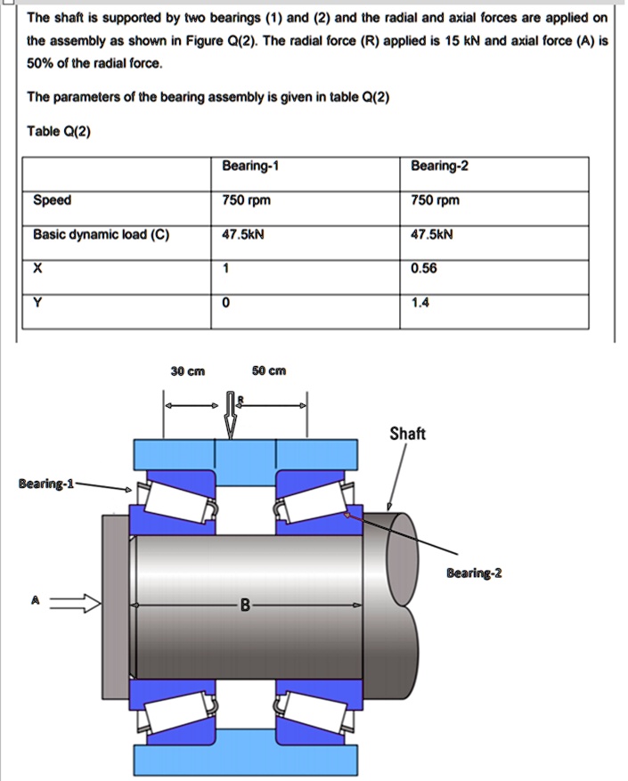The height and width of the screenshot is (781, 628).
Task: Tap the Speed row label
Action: point(52,200)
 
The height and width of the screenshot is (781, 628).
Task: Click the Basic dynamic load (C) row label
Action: point(101,235)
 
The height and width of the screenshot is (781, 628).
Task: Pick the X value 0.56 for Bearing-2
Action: point(424,269)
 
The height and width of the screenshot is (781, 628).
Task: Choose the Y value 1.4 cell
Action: point(420,303)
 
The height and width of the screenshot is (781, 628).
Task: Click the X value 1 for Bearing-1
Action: point(227,269)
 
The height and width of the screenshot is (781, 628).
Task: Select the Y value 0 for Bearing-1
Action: point(227,303)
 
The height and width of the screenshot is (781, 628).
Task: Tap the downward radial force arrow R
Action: point(231,415)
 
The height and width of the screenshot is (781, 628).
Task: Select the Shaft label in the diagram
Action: point(407,434)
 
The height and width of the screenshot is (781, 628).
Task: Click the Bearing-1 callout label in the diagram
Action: point(47,484)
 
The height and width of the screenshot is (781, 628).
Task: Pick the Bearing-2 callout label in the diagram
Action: point(474,573)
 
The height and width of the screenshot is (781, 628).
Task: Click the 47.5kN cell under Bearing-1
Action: point(243,235)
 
